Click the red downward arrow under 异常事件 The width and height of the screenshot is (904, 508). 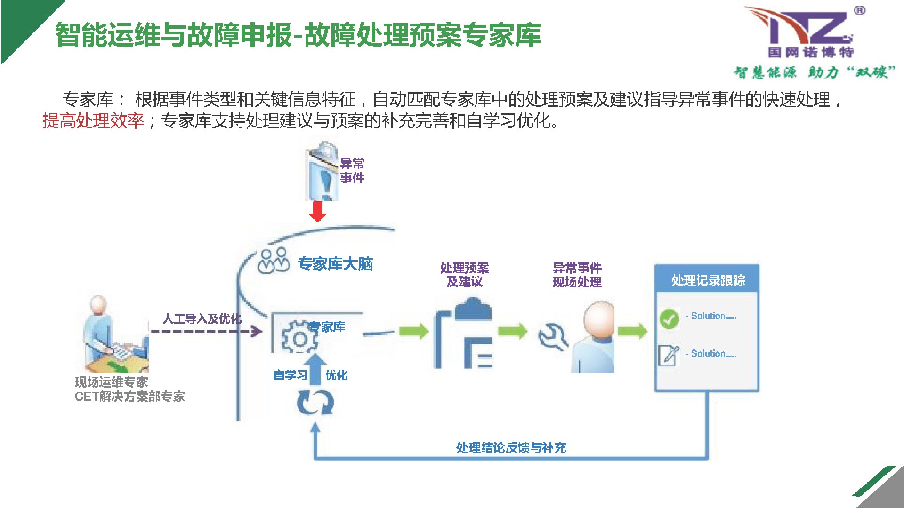click(x=318, y=211)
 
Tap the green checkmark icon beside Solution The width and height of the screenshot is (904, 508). click(x=669, y=318)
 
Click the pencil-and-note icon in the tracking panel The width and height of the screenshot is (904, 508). click(x=669, y=355)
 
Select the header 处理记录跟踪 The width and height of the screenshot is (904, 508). click(x=708, y=280)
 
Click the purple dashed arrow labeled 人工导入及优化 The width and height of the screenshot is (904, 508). click(x=206, y=331)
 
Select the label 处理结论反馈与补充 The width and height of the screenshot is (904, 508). click(x=511, y=447)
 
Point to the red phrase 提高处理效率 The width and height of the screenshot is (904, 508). click(x=93, y=121)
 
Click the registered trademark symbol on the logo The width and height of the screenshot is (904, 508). click(x=859, y=10)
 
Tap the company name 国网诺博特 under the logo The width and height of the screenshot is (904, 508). click(x=811, y=52)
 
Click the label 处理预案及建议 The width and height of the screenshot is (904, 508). click(x=464, y=275)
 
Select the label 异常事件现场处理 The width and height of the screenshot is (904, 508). click(x=577, y=275)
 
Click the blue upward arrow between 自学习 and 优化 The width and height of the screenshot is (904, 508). click(x=316, y=367)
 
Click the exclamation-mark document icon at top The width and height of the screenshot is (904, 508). click(x=323, y=172)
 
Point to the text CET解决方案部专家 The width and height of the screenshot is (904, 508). click(x=129, y=397)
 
